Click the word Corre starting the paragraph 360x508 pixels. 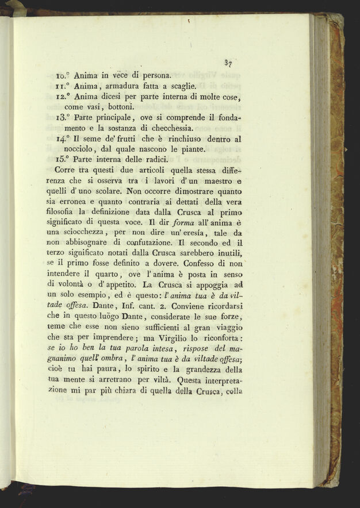tap(66, 170)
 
